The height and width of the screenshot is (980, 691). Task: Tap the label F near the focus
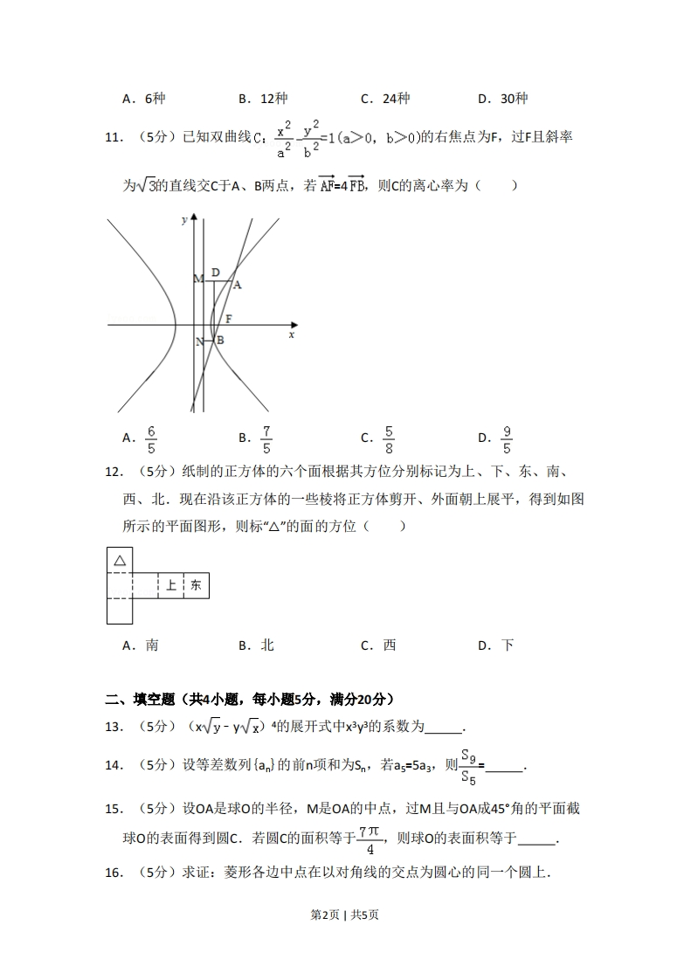click(x=229, y=318)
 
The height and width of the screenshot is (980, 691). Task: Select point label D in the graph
click(x=215, y=273)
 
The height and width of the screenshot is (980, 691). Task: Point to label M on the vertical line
click(x=198, y=279)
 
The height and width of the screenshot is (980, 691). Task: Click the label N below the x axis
click(x=199, y=342)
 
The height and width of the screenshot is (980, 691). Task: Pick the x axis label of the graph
click(x=291, y=334)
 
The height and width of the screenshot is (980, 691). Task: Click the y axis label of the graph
click(x=184, y=220)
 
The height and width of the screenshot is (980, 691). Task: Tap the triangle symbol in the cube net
click(x=120, y=560)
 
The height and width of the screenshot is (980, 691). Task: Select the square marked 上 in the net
click(x=171, y=585)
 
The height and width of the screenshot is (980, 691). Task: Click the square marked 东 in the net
click(x=196, y=585)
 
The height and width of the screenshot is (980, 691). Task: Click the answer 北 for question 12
click(x=267, y=645)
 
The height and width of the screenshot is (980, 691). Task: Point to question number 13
click(x=113, y=727)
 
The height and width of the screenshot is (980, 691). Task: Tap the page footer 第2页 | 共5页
click(x=345, y=914)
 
